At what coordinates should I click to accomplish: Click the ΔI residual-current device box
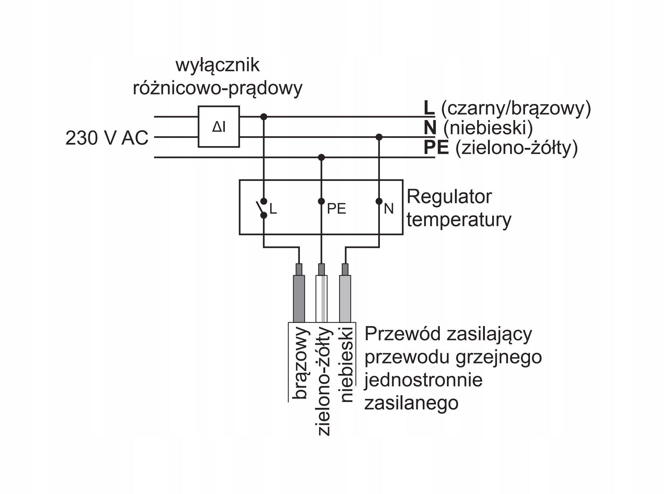tap(219, 127)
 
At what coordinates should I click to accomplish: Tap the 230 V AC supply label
tap(107, 138)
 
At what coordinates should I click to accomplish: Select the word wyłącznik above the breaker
tap(218, 65)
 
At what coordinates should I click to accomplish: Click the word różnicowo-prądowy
tap(218, 88)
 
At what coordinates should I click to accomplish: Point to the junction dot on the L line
tap(264, 117)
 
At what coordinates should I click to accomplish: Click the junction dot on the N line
tap(379, 137)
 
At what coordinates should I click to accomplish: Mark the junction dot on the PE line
tap(321, 157)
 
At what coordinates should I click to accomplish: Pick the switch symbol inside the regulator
tap(261, 208)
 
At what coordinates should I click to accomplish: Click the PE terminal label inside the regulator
tap(336, 209)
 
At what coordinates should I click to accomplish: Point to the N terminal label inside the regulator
tap(389, 209)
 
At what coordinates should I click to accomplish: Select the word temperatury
tap(459, 220)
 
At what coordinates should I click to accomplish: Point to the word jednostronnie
tap(423, 380)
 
